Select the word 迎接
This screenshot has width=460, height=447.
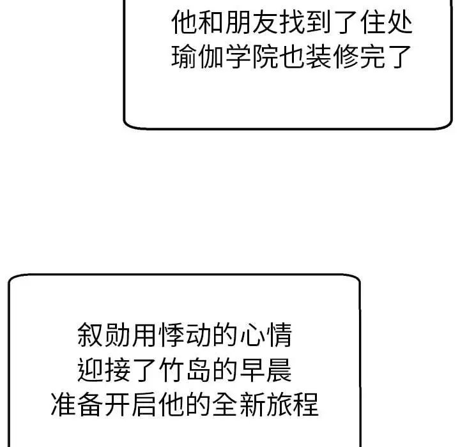click(x=105, y=370)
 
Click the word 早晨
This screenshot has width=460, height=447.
click(x=266, y=370)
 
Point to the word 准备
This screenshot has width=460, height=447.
click(x=78, y=404)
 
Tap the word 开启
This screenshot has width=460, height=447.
click(x=132, y=404)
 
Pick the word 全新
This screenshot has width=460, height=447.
click(x=239, y=404)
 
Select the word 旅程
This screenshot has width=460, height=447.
click(x=293, y=404)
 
